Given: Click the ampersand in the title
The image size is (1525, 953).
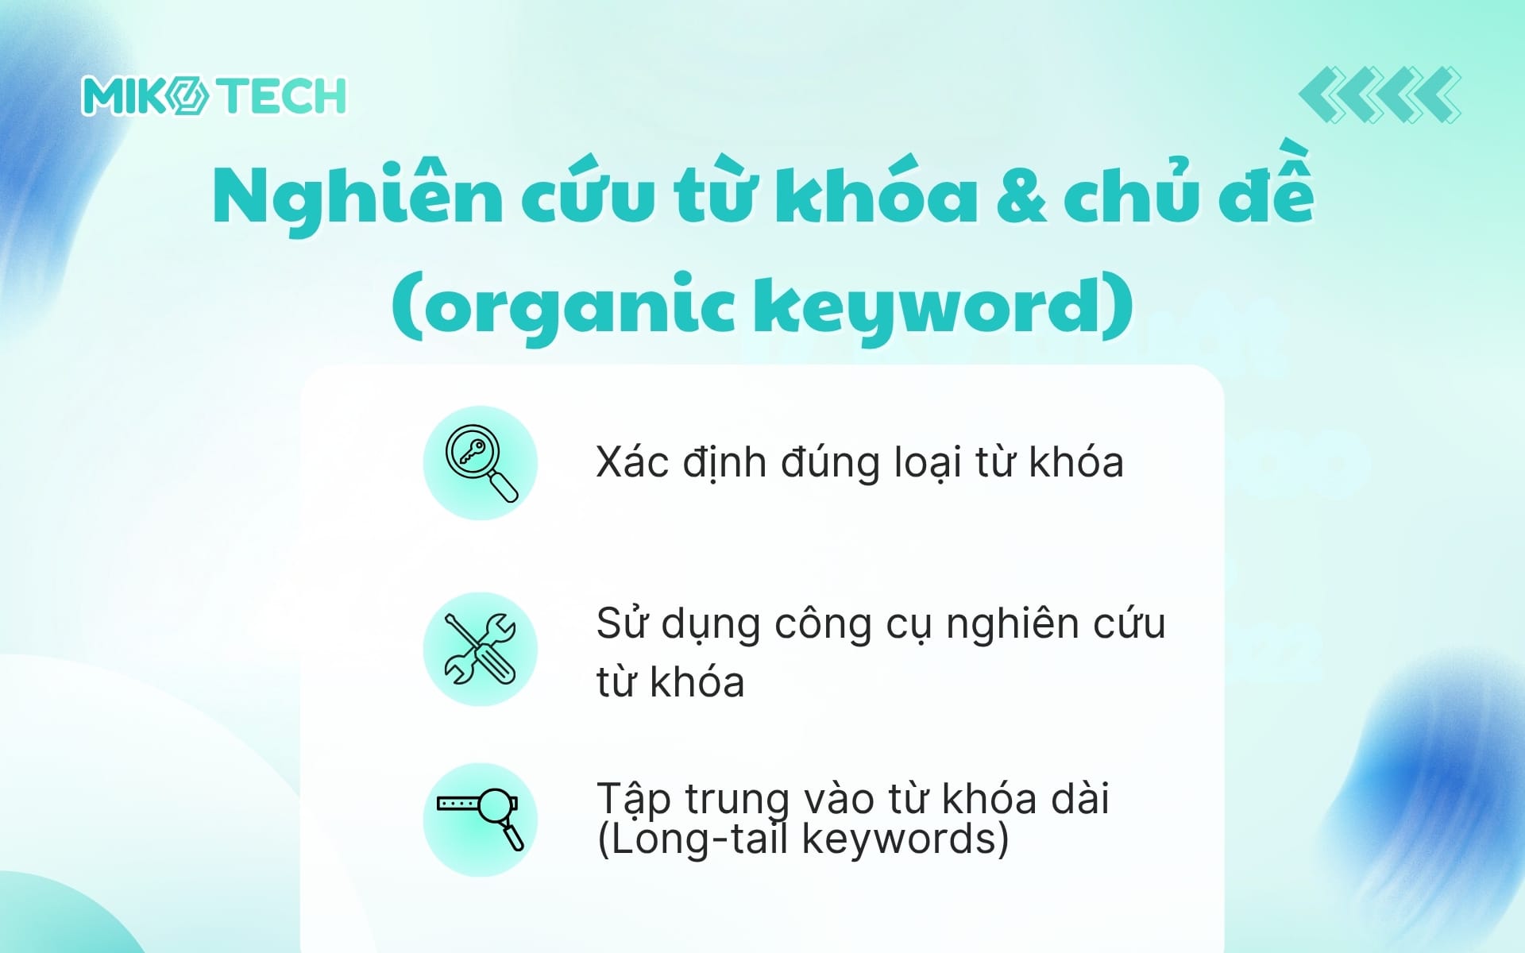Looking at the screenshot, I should (x=1020, y=199).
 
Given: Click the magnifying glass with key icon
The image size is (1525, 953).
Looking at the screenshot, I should (x=480, y=463).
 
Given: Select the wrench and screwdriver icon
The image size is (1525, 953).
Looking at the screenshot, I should (x=480, y=649).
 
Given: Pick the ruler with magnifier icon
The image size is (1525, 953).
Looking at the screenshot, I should (x=480, y=820).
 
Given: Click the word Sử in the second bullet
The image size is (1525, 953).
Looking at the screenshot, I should (x=622, y=623).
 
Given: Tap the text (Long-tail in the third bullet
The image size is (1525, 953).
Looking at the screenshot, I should (x=693, y=839).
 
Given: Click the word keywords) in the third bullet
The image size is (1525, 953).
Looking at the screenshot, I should (x=905, y=839).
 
